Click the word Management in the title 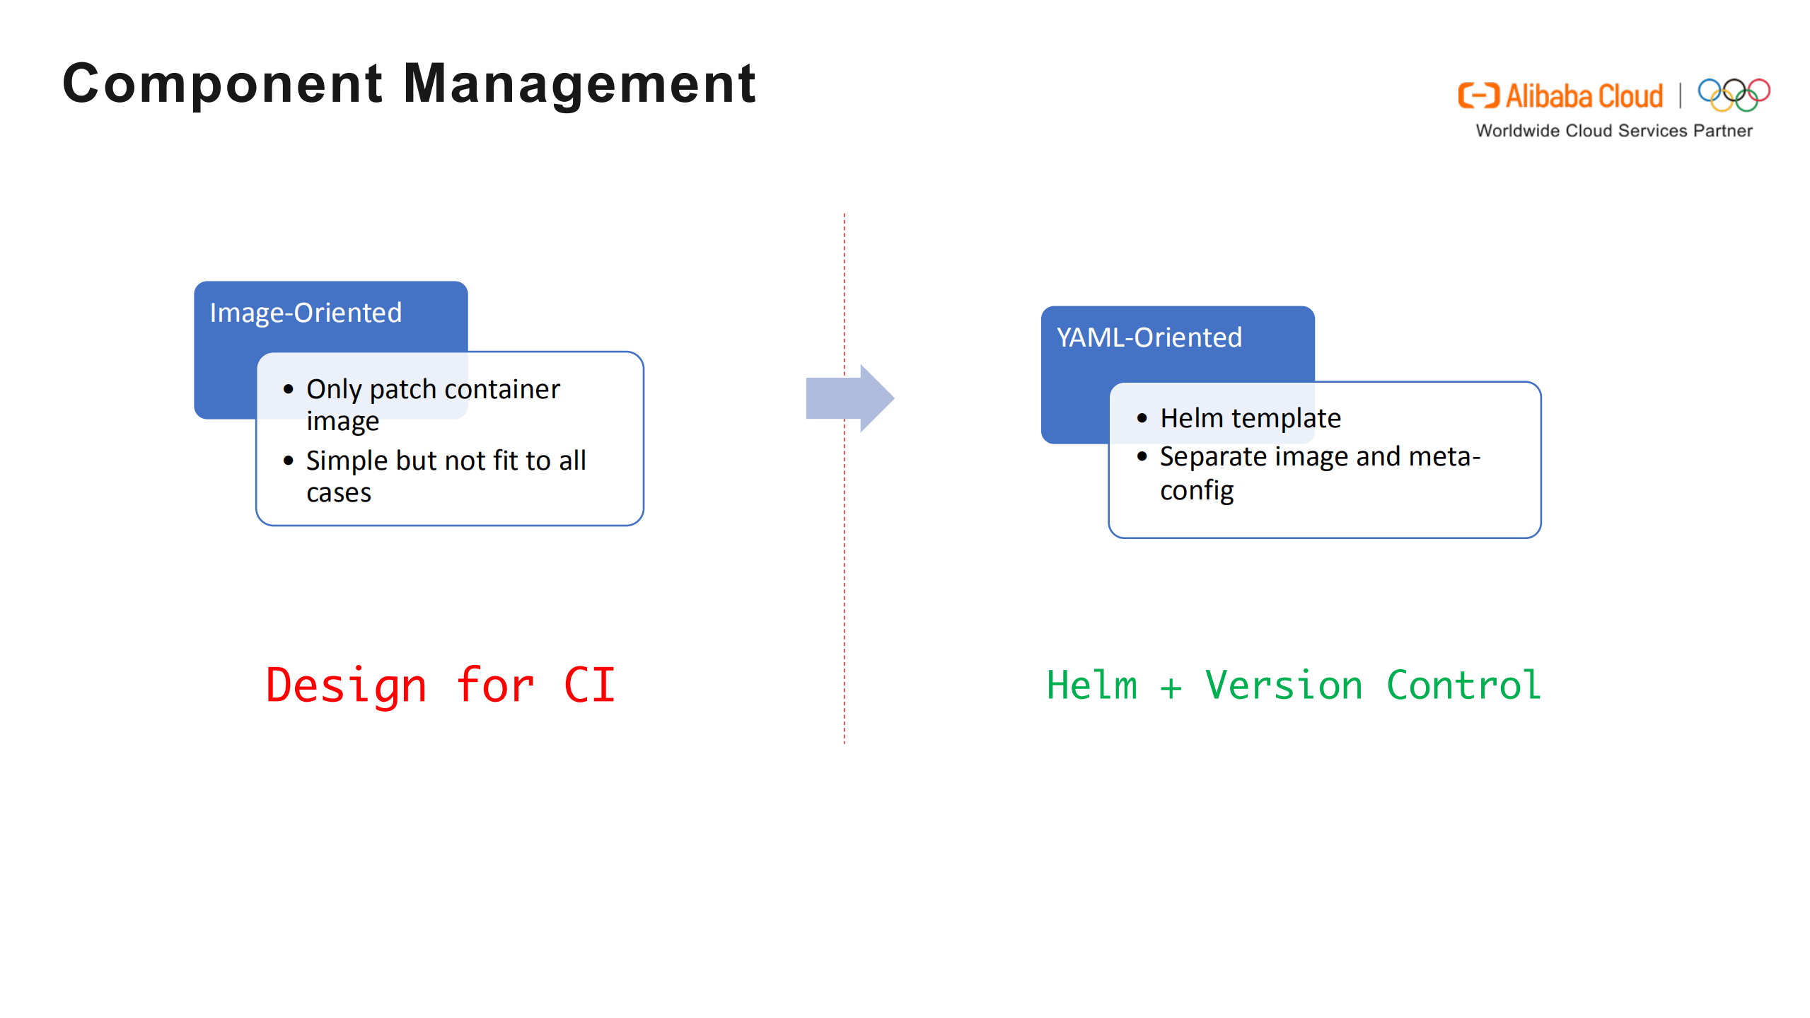coord(579,83)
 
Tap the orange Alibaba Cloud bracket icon coord(1478,96)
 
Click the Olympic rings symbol coord(1734,95)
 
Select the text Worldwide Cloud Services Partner coord(1613,131)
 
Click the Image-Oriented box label coord(306,313)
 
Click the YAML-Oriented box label coord(1149,337)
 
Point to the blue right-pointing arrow coord(849,398)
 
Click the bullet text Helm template coord(1250,418)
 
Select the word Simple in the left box coord(347,461)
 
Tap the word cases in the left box coord(338,493)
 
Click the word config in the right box coord(1196,490)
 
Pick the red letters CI coord(589,685)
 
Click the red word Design coord(347,686)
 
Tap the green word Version coord(1283,685)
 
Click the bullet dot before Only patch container coord(288,389)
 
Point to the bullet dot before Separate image coord(1142,457)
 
